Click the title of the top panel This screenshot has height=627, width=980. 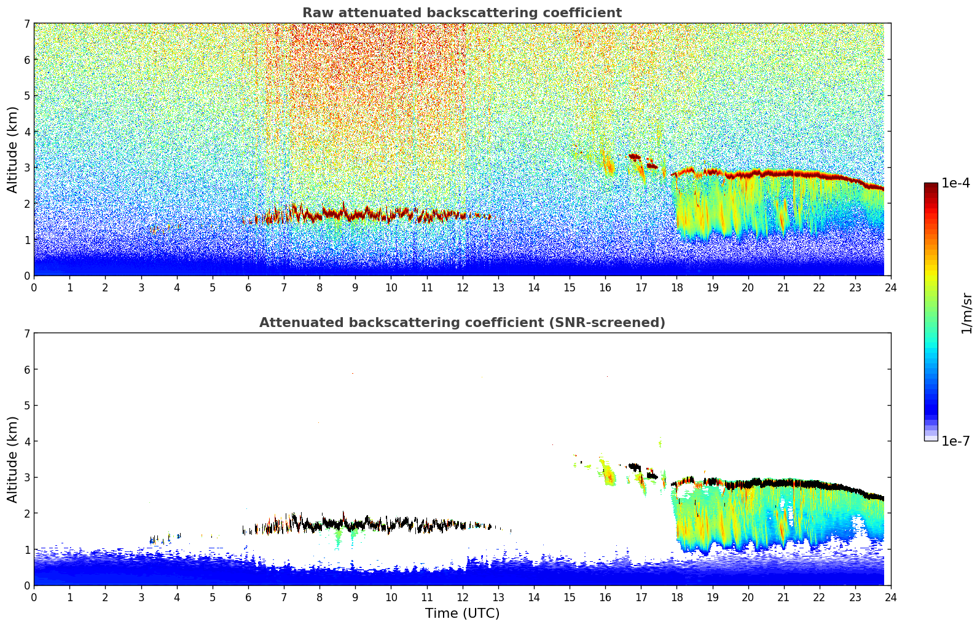click(461, 13)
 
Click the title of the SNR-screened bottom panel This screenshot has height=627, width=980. click(461, 323)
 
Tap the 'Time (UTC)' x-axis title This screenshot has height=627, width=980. click(462, 613)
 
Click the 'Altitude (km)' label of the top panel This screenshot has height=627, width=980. click(13, 149)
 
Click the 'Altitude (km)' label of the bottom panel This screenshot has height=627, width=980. click(13, 459)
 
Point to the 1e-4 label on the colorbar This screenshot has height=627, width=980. click(955, 183)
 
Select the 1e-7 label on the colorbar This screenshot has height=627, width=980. click(955, 441)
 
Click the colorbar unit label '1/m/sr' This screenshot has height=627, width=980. click(966, 313)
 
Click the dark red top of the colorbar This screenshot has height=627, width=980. click(931, 186)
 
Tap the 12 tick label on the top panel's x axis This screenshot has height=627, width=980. click(462, 287)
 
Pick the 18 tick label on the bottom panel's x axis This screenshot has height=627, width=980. click(676, 597)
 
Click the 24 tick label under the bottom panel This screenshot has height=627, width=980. click(891, 597)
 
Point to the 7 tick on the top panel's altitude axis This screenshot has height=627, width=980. click(26, 23)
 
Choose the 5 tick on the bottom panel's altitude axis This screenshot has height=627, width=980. click(26, 405)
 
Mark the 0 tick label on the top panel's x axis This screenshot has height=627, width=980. click(34, 287)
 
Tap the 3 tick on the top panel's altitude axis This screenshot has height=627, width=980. click(26, 167)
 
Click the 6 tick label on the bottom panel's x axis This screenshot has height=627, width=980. click(248, 597)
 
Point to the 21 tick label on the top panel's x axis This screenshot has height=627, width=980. click(783, 287)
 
